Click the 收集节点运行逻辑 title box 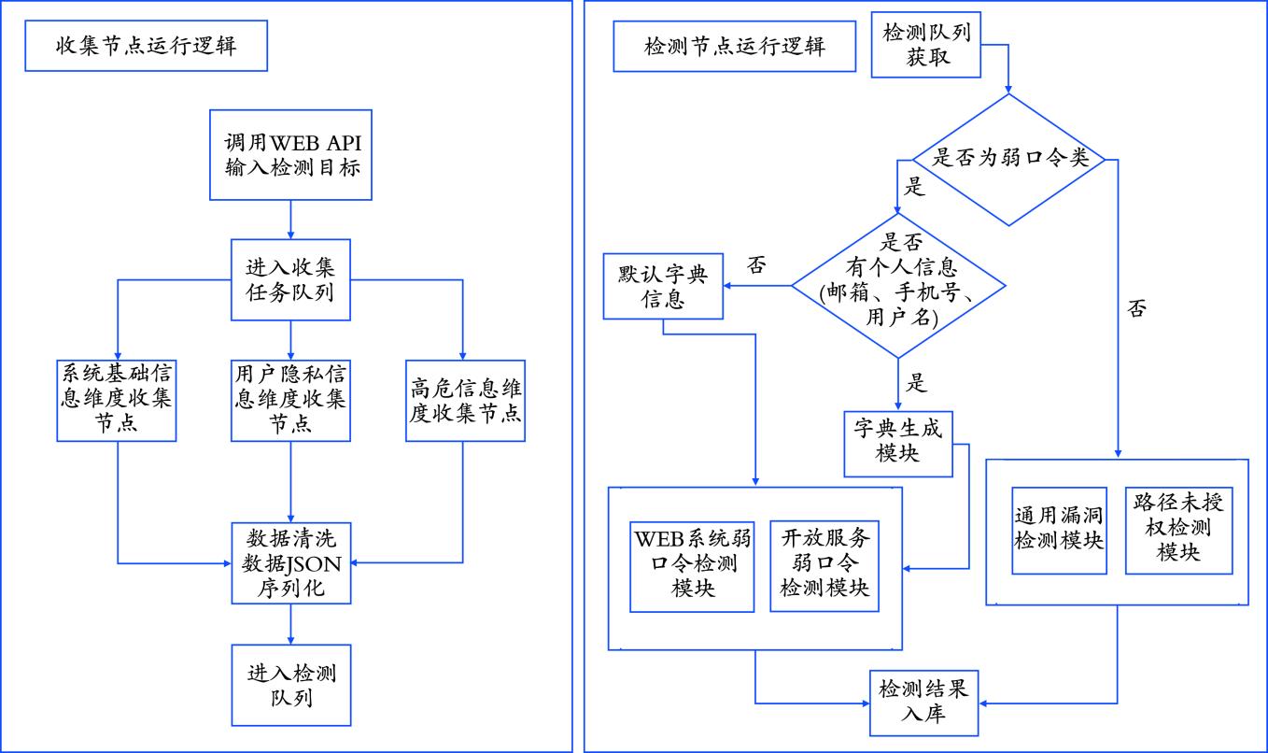tap(147, 46)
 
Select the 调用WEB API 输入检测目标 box tap(291, 155)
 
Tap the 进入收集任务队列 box tap(290, 278)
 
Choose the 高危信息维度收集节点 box tap(464, 399)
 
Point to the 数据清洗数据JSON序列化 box tap(290, 563)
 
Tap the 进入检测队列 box tap(291, 686)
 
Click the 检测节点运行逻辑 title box tap(735, 46)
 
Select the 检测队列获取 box tap(926, 44)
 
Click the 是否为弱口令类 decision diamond tap(1008, 159)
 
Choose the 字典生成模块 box tap(898, 440)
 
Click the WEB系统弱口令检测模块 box tap(692, 564)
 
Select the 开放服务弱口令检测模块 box tap(824, 564)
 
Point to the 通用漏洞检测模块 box tap(1059, 530)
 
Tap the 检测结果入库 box tap(923, 702)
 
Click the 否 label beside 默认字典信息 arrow tap(756, 265)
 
